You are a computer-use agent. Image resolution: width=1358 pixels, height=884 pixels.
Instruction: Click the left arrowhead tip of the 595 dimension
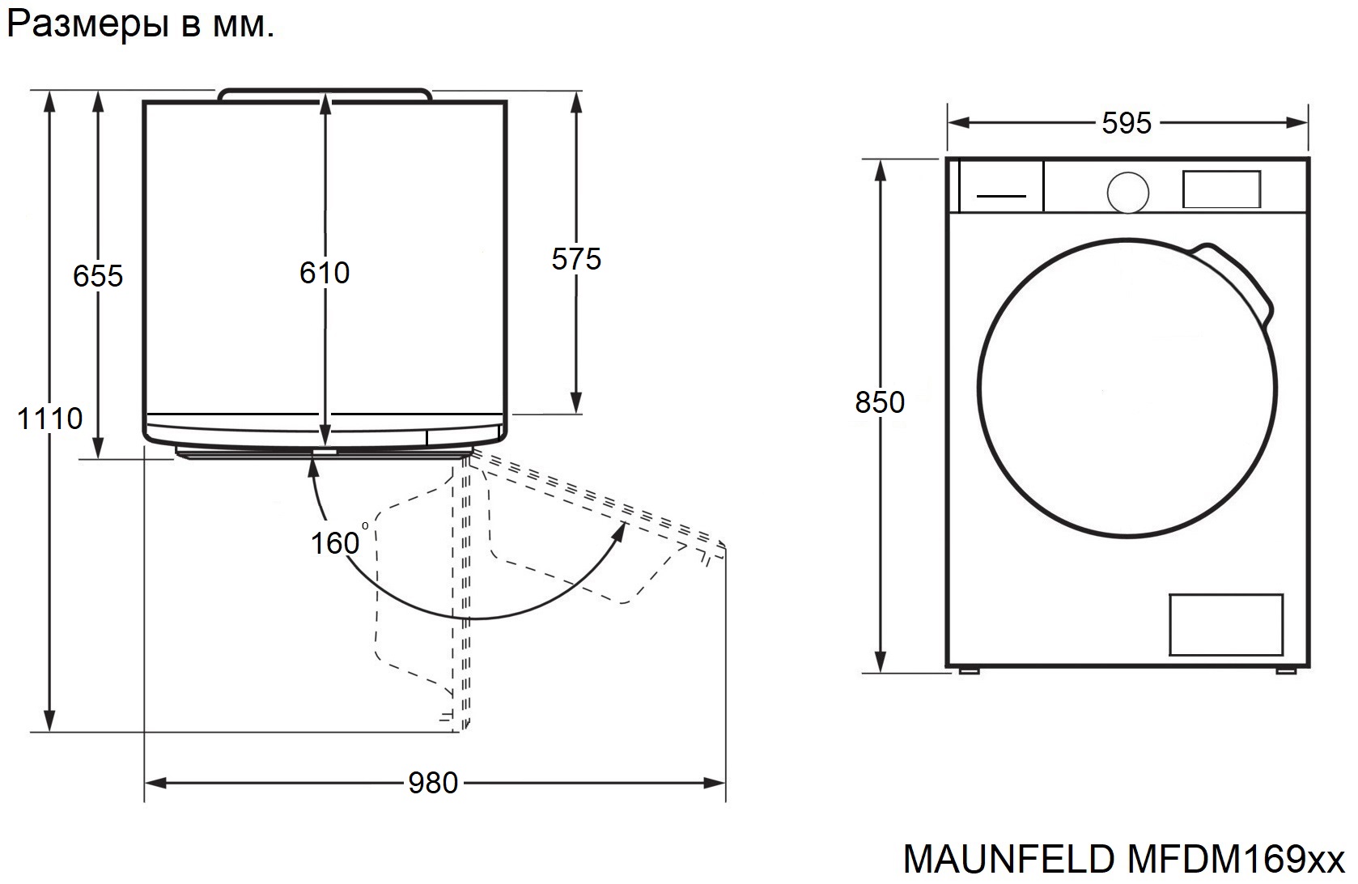tap(948, 123)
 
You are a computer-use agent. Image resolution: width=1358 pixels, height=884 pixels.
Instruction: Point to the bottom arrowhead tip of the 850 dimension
tap(881, 673)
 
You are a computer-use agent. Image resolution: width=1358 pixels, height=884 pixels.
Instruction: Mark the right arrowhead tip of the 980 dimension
tap(725, 783)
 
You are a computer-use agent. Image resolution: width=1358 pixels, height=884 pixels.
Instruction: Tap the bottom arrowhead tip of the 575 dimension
tap(576, 414)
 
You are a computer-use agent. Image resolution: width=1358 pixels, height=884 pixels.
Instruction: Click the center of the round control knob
tap(1127, 193)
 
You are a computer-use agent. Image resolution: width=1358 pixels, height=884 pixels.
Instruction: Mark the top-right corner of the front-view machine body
tap(1309, 158)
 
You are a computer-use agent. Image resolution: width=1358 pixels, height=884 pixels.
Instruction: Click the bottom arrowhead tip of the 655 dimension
tap(98, 458)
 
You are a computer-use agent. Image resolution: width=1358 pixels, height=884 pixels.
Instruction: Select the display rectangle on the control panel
tap(1221, 189)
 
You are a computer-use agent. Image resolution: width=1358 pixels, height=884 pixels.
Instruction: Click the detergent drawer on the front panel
tap(1001, 186)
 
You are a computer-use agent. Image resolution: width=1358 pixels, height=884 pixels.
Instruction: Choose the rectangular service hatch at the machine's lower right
tap(1226, 624)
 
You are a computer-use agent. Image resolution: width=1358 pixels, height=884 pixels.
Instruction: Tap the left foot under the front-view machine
tap(969, 670)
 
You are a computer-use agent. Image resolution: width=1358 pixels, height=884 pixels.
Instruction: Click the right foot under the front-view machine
tap(1285, 670)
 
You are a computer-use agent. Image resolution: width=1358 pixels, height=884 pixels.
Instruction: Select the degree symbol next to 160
tap(365, 525)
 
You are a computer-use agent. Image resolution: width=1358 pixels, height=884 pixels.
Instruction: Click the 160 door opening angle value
tap(335, 542)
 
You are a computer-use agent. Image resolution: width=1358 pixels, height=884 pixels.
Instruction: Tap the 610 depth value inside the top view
tap(325, 273)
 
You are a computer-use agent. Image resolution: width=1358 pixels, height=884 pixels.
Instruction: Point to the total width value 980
tap(433, 783)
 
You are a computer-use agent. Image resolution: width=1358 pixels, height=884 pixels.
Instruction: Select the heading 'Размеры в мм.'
tap(140, 24)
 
